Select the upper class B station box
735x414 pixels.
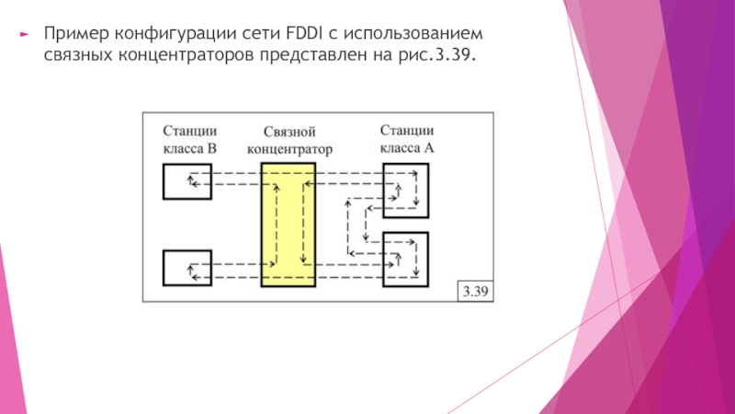click(x=187, y=181)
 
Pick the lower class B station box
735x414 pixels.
click(x=187, y=268)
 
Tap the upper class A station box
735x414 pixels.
click(x=405, y=189)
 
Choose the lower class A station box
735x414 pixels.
click(x=405, y=258)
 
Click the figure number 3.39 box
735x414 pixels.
click(x=477, y=292)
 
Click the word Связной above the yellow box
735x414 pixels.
click(x=289, y=132)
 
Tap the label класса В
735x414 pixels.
click(x=190, y=146)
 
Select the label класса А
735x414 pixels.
click(x=405, y=146)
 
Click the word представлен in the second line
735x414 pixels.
click(x=323, y=56)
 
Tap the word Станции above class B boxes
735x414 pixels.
click(x=190, y=131)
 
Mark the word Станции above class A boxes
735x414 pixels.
click(x=407, y=131)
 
